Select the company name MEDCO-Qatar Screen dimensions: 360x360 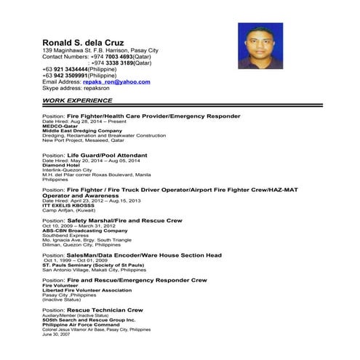(x=60, y=125)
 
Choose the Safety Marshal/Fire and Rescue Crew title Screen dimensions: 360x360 (x=124, y=220)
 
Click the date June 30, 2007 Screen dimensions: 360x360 (x=55, y=335)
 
